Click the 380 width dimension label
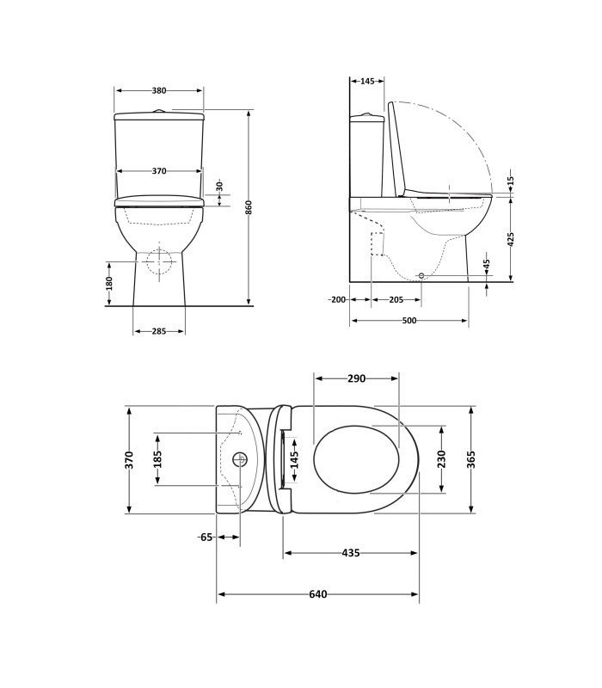[x=159, y=91]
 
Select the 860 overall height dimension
[x=249, y=207]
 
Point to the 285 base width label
[x=159, y=331]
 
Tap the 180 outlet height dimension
[x=109, y=283]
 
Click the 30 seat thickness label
[x=220, y=187]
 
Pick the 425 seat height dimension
[x=510, y=239]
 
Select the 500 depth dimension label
[x=409, y=321]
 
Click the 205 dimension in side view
[x=396, y=300]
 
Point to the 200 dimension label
[x=337, y=300]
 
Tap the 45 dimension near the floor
[x=486, y=264]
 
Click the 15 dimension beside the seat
[x=510, y=181]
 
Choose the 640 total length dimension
[x=317, y=594]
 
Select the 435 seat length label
[x=351, y=553]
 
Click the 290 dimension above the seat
[x=356, y=378]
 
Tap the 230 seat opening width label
[x=441, y=459]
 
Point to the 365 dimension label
[x=470, y=459]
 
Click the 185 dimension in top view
[x=157, y=459]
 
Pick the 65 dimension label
[x=206, y=537]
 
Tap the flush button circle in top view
[x=240, y=459]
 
